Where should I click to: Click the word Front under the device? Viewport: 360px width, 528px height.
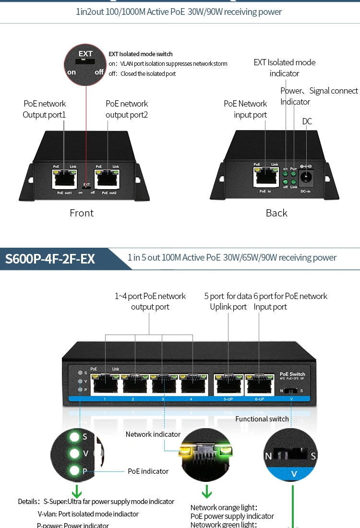82,213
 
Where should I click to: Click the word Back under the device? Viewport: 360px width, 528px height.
276,213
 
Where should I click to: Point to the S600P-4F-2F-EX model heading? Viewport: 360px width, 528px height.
50,259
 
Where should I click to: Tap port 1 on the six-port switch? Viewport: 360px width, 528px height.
105,385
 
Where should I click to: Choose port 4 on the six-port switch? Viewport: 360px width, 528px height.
191,385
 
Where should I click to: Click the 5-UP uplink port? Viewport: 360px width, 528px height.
228,385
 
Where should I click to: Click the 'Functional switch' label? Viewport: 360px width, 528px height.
262,419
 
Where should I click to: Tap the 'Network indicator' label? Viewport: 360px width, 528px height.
153,434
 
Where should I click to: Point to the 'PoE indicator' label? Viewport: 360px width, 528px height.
148,471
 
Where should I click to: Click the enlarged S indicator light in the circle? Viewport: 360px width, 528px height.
74,437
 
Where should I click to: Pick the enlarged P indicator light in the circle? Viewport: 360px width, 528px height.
74,471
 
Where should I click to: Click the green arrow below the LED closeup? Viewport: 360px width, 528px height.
207,492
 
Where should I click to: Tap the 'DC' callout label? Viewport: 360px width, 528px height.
307,121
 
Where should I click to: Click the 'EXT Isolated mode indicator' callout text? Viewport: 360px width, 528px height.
285,68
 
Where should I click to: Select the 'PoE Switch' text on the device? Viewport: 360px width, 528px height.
292,374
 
